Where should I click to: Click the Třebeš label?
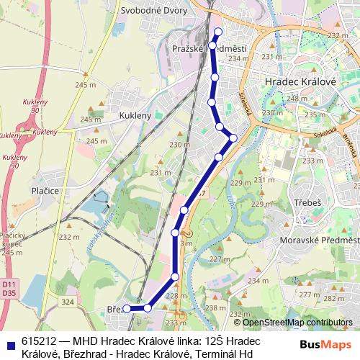click(x=307, y=203)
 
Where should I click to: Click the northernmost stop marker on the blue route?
click(x=219, y=30)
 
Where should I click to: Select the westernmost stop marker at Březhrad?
click(x=127, y=308)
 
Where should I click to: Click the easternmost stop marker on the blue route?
click(x=233, y=138)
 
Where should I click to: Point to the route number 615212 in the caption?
click(x=40, y=341)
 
